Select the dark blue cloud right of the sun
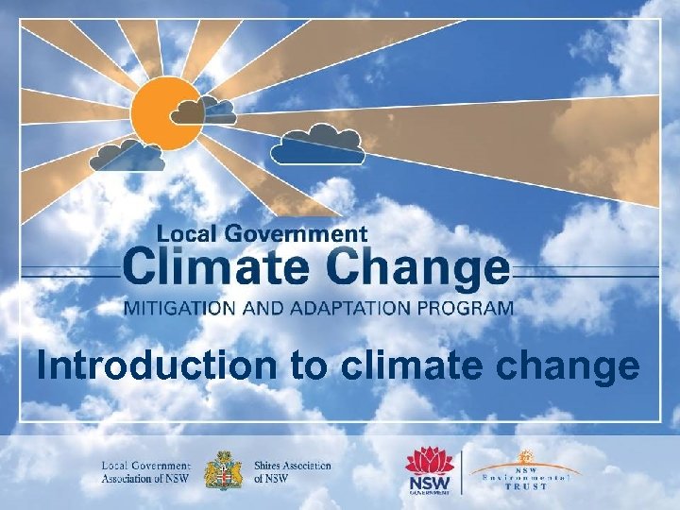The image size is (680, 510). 317,144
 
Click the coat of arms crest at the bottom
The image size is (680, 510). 223,470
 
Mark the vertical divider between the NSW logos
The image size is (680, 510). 462,470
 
